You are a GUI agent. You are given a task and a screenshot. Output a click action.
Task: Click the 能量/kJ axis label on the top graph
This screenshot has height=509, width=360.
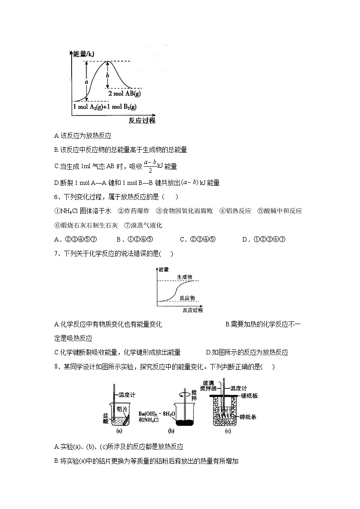(84, 54)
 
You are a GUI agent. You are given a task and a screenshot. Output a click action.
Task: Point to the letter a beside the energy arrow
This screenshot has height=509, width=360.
(86, 82)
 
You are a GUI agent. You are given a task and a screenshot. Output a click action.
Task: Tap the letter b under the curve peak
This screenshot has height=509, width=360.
(107, 75)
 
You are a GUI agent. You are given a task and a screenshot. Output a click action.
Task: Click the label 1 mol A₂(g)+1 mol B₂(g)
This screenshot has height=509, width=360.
(105, 107)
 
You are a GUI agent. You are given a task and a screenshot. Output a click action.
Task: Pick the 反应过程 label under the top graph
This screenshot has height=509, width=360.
(142, 120)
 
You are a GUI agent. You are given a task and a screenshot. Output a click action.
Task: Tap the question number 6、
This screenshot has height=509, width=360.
(58, 197)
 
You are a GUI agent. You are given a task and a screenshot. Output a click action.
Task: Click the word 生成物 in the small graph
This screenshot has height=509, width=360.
(185, 276)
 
